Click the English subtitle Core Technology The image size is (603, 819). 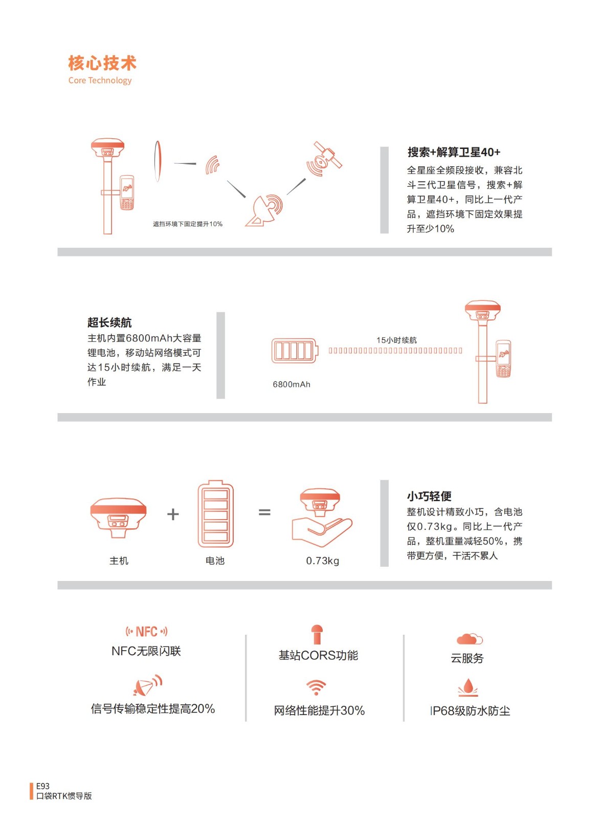coord(100,80)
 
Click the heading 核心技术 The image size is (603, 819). coord(102,63)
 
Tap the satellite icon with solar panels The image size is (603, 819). coord(324,159)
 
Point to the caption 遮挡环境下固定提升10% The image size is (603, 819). coord(187,224)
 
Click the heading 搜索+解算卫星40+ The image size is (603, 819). coord(454,152)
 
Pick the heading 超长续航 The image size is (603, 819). coord(109,322)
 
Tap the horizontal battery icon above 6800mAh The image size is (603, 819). coord(295,351)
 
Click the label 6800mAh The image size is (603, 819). coord(292,384)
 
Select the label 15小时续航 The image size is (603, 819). coord(397,340)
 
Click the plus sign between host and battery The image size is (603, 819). coord(173,514)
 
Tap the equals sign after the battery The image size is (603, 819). coord(264,512)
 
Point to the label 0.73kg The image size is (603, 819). coord(323,561)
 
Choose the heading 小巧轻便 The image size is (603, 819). coord(429,496)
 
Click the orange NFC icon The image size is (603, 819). coord(146,632)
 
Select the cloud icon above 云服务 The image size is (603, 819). coord(470,639)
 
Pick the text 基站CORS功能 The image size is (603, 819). coord(318,655)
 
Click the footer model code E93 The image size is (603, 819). coord(43,786)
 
